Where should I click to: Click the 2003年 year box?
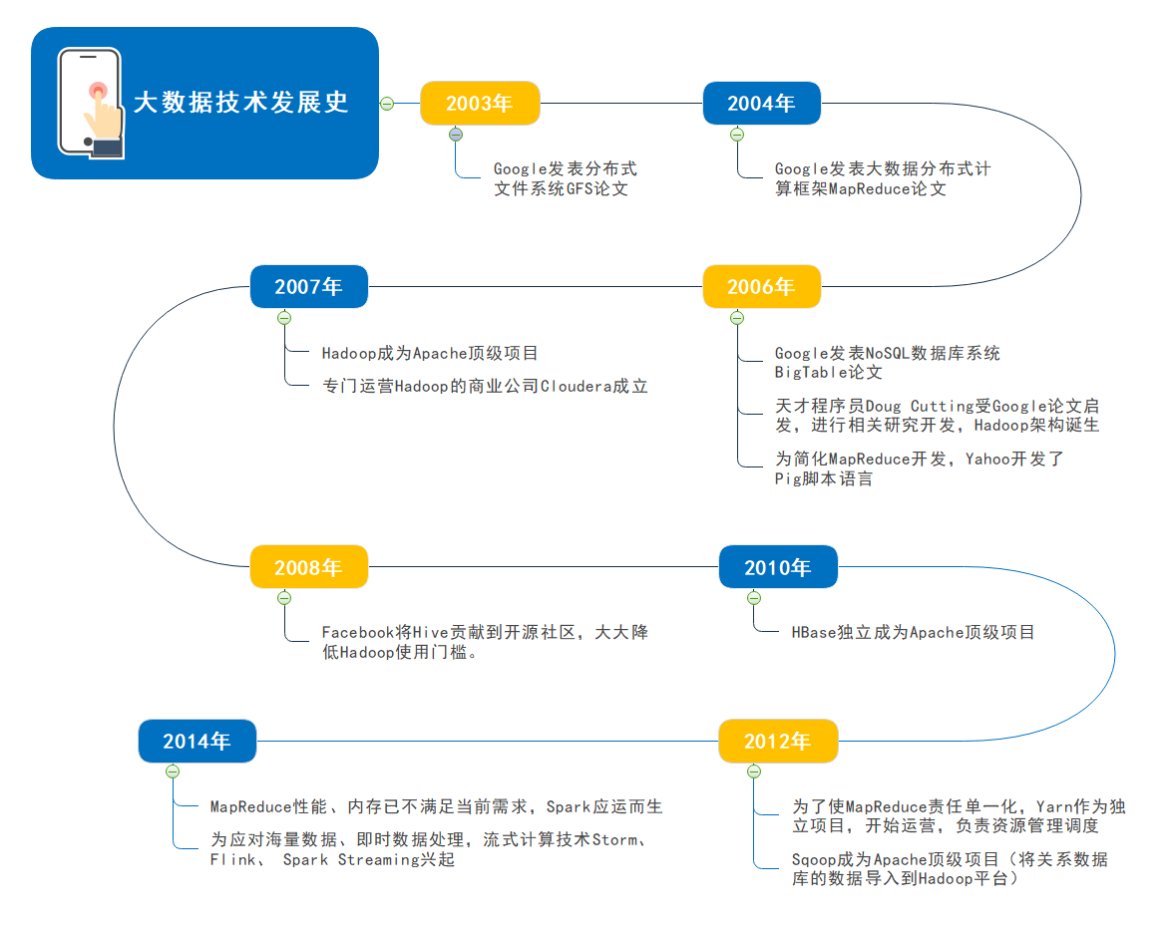[x=480, y=104]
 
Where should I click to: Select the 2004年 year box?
[x=762, y=104]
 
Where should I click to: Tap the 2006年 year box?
[x=762, y=287]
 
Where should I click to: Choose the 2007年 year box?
[x=308, y=287]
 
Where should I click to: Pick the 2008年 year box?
[x=308, y=568]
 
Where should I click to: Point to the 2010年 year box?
[x=778, y=568]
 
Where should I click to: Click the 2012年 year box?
[x=778, y=742]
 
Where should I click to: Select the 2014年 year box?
[x=196, y=742]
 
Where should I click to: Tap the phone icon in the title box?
[x=91, y=103]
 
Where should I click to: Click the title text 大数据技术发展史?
[x=241, y=103]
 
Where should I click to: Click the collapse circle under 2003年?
[x=456, y=135]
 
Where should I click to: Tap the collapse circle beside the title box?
[x=387, y=103]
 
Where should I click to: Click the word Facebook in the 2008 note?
[x=358, y=633]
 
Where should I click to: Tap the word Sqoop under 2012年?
[x=815, y=860]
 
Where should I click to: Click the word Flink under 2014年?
[x=231, y=860]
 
